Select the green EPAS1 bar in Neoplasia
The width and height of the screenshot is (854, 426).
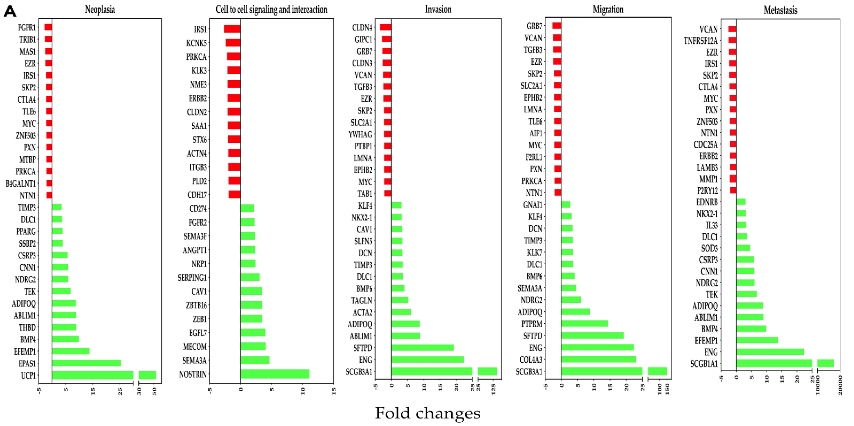86,363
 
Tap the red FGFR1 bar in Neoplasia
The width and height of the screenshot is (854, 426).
48,27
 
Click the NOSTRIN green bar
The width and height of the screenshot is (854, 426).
275,374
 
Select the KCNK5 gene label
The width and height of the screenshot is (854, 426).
196,43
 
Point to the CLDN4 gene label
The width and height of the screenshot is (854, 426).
362,27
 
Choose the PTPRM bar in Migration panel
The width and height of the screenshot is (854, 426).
584,323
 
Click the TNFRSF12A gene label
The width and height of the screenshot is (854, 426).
701,41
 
